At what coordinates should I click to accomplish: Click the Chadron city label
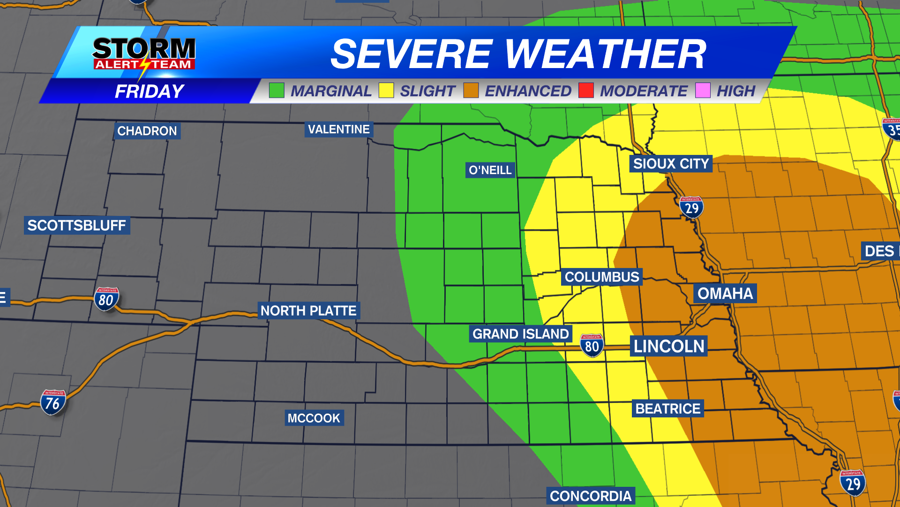point(147,131)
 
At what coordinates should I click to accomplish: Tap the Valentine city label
point(338,129)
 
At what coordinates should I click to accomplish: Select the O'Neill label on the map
point(490,170)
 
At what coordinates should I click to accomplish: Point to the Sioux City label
point(671,164)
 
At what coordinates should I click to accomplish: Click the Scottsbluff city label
point(77,225)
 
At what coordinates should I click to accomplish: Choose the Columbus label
point(602,277)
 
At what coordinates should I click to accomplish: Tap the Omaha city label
point(725,293)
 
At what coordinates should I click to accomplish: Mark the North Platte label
point(308,311)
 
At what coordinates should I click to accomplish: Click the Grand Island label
point(520,334)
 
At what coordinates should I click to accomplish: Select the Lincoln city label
point(669,346)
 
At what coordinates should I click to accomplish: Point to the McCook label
point(314,418)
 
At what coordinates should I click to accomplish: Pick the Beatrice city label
point(668,408)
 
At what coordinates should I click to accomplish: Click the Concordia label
point(591,496)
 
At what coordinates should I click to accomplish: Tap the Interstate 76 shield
point(53,403)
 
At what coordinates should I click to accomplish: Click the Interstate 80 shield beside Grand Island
point(592,346)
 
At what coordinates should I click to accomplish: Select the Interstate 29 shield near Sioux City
point(691,207)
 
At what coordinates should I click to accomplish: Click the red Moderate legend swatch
point(586,90)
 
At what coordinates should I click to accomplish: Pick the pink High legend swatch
point(703,90)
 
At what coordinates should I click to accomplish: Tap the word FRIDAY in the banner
point(150,91)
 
